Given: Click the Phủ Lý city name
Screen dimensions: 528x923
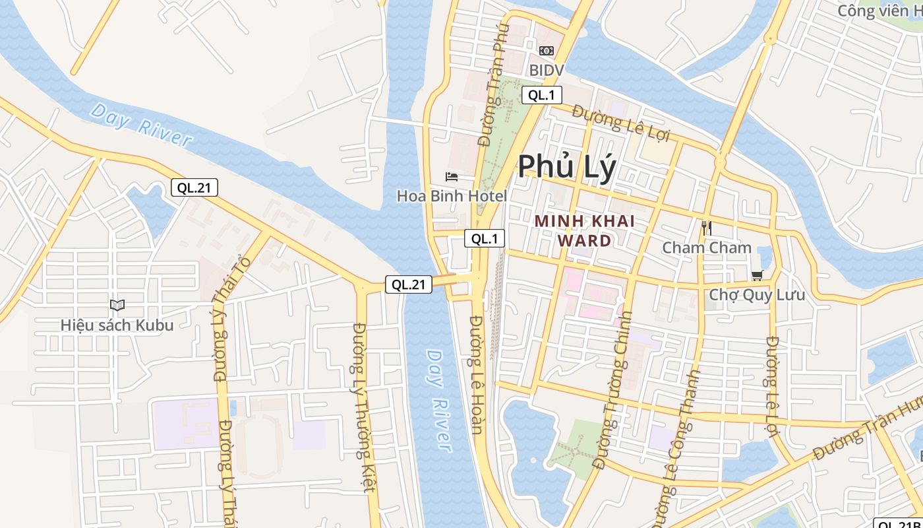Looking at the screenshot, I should click(x=567, y=166).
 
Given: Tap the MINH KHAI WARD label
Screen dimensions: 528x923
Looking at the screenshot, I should click(x=584, y=230).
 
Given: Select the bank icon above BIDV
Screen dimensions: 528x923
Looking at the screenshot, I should click(x=547, y=51).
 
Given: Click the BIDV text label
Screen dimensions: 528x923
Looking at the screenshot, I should click(x=547, y=70).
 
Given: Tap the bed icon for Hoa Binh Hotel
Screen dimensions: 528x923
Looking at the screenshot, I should click(x=452, y=177).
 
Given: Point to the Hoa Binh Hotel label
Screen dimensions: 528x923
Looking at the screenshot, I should click(x=452, y=196).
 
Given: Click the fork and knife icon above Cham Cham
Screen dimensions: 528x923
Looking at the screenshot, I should click(x=707, y=228).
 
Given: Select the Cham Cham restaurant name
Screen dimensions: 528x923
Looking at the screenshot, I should click(x=707, y=248).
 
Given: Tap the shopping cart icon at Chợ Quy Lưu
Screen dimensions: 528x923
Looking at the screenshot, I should click(x=757, y=275).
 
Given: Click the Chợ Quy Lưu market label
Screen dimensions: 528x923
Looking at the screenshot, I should click(x=757, y=294).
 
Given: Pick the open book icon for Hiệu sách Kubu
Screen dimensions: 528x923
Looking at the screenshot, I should click(x=117, y=305).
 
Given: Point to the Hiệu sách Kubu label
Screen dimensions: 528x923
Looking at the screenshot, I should click(x=117, y=325).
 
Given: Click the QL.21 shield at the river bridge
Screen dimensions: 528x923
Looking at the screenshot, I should click(x=409, y=284).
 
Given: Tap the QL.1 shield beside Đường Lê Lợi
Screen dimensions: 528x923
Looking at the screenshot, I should click(x=542, y=95).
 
